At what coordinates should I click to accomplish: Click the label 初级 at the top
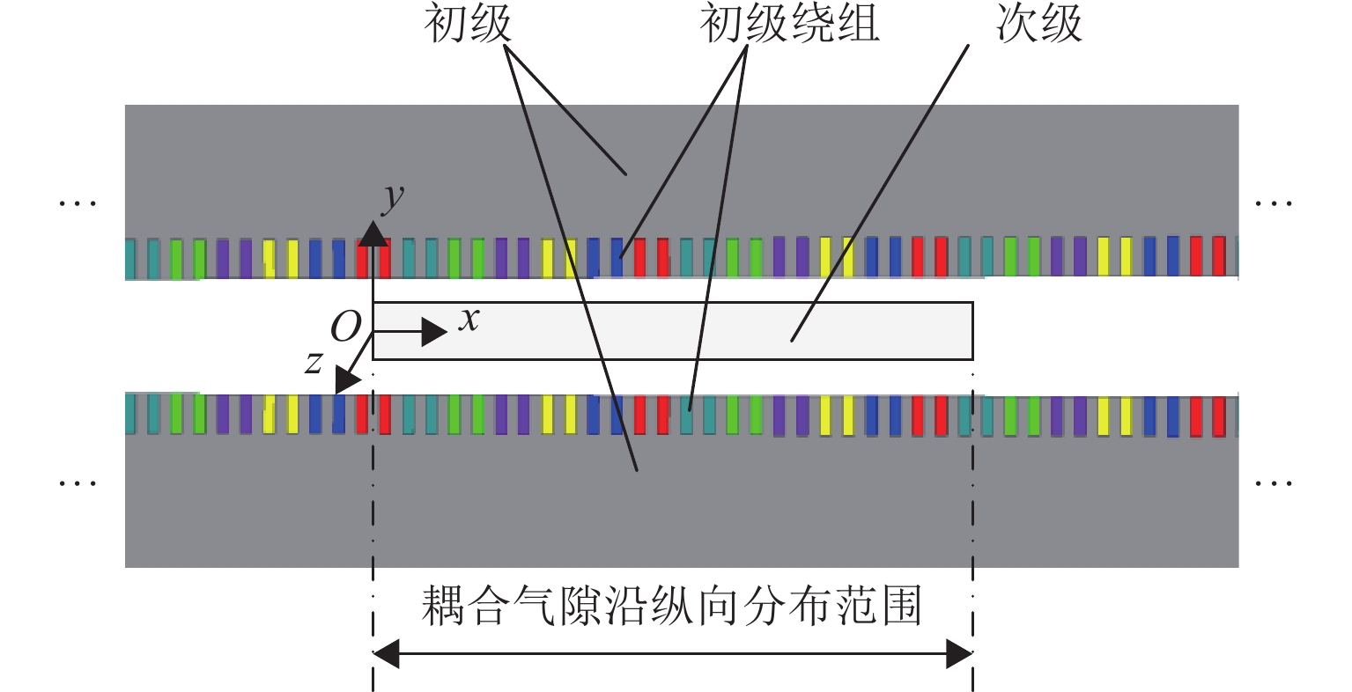coord(468,24)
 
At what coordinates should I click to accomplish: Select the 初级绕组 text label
coord(789,24)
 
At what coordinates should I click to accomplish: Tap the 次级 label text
coord(1039,24)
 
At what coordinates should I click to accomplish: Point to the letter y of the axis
coord(392,199)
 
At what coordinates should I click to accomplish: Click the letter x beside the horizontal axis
coord(469,319)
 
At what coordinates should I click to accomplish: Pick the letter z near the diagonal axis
coord(314,361)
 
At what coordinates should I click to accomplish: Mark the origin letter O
coord(345,328)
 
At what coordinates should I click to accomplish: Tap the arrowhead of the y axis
coord(373,233)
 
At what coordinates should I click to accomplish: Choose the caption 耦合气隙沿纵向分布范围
coord(671,607)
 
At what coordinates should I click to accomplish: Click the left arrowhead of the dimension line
coord(387,654)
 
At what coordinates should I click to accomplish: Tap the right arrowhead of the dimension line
coord(959,654)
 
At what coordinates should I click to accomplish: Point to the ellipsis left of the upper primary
coord(78,203)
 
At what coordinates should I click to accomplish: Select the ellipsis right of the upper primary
coord(1274,203)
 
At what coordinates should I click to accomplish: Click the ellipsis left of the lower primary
coord(78,482)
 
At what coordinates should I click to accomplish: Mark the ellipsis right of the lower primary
coord(1274,482)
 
